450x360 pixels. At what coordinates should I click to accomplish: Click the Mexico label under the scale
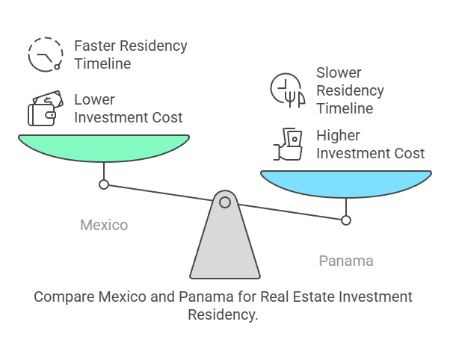[104, 225]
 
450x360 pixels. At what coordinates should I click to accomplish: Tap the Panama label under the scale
[345, 261]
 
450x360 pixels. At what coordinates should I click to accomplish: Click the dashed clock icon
[45, 55]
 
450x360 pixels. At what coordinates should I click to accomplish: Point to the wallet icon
[43, 109]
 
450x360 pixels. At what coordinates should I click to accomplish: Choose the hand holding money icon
[287, 145]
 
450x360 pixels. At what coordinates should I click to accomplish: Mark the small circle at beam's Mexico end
[104, 184]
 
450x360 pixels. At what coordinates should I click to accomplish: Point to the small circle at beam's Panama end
[345, 220]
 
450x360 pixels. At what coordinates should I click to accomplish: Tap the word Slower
[339, 73]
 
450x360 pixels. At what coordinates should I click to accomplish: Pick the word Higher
[338, 136]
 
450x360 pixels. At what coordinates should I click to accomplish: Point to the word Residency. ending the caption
[223, 314]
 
